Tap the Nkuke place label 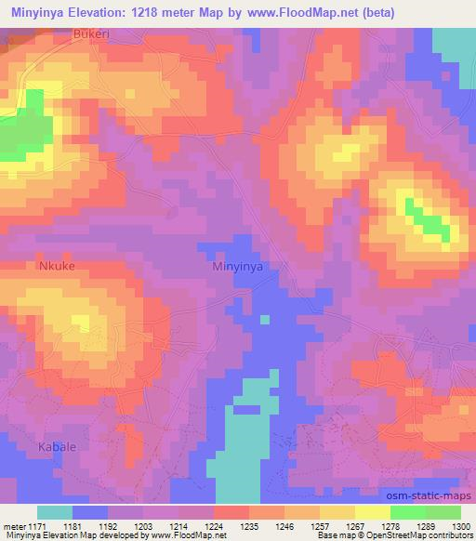coord(56,266)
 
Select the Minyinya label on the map coord(238,266)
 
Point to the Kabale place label coord(57,447)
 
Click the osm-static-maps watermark coord(430,495)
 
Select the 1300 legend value coord(461,526)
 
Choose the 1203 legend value coord(145,526)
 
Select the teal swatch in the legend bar coord(55,512)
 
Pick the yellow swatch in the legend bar coord(373,512)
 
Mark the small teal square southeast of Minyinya coord(265,320)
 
